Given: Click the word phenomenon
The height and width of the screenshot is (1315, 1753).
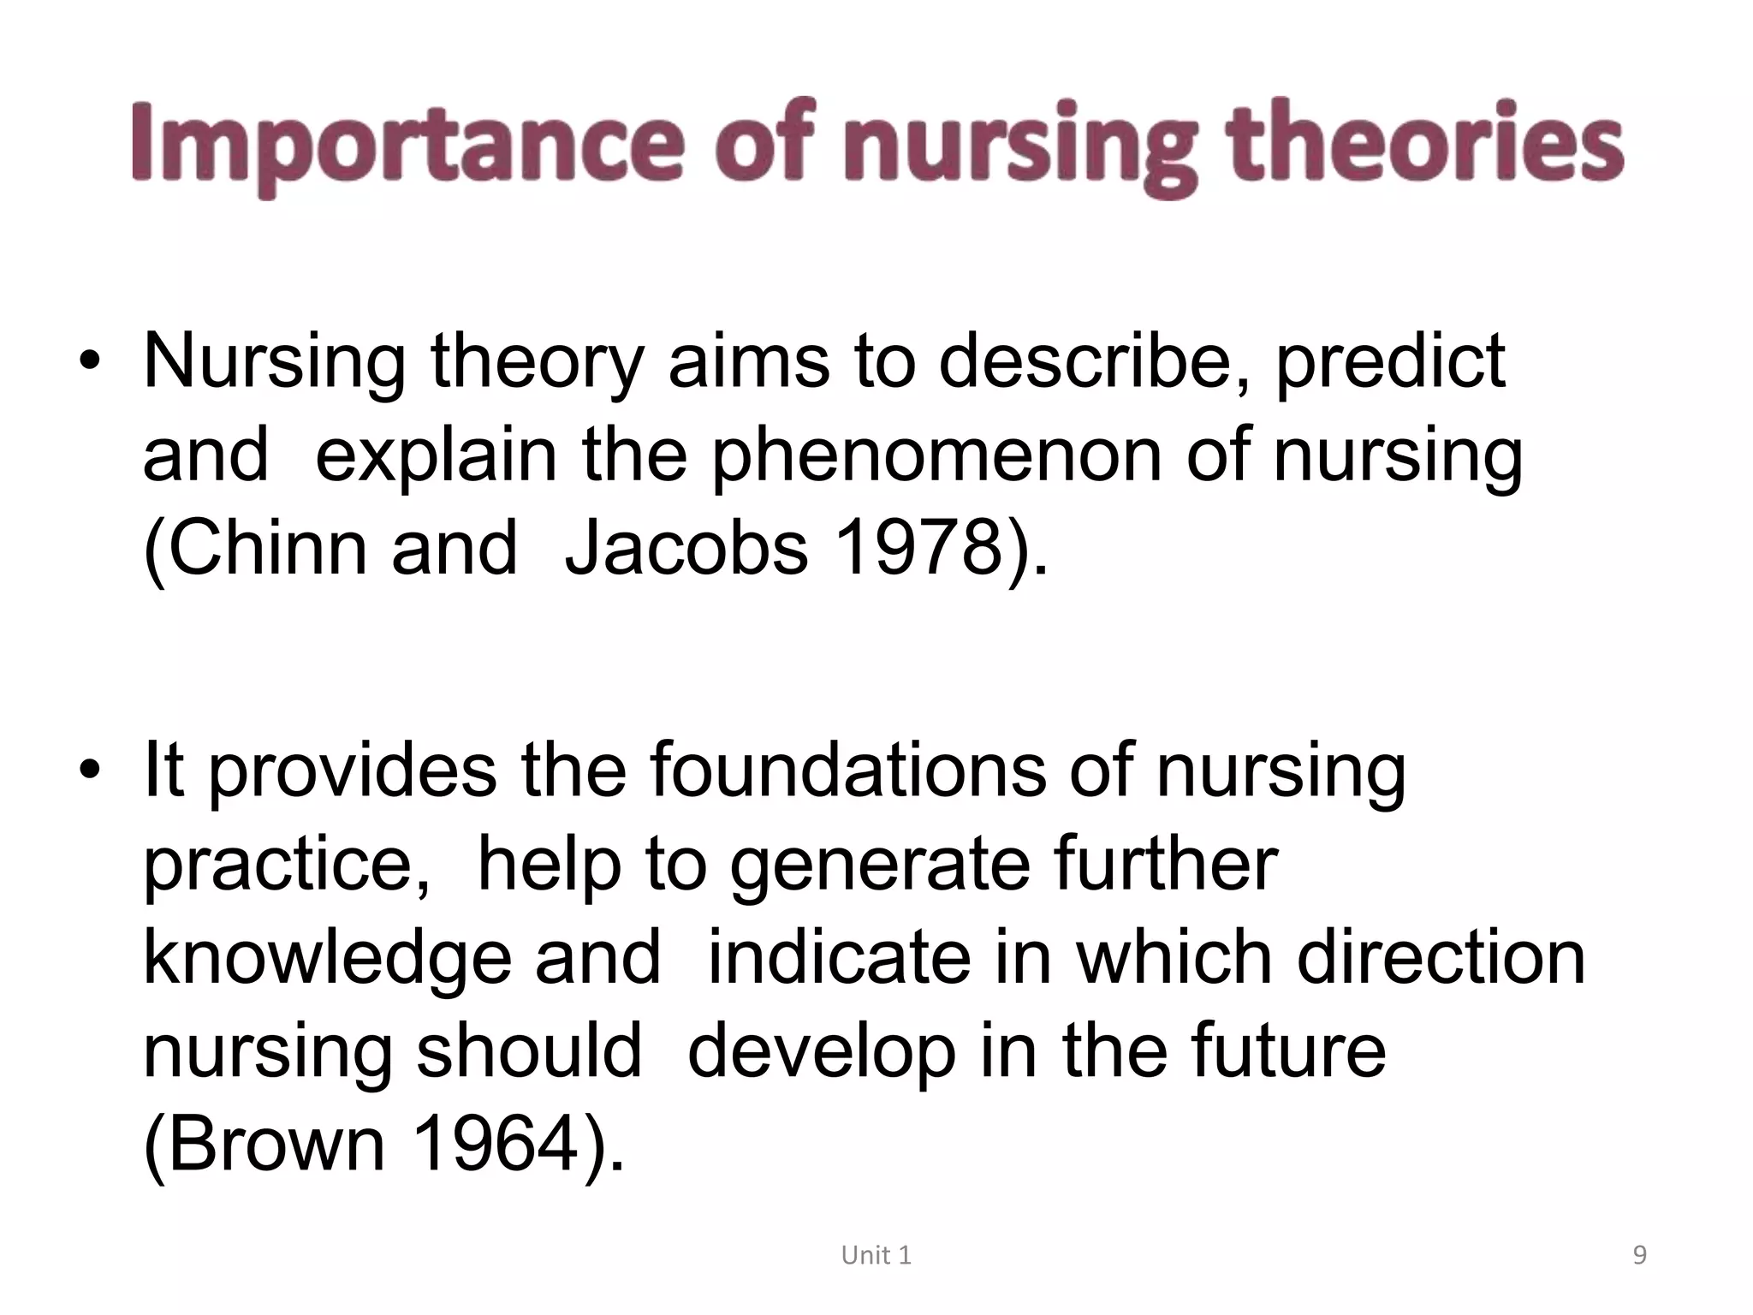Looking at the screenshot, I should click(937, 457).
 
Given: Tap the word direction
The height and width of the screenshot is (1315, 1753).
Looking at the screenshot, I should click(1441, 957).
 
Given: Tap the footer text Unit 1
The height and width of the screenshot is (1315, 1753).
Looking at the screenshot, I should click(876, 1256).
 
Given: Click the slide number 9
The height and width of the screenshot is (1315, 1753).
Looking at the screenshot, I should click(1639, 1256).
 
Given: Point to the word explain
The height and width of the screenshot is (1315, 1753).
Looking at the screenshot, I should click(437, 457).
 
